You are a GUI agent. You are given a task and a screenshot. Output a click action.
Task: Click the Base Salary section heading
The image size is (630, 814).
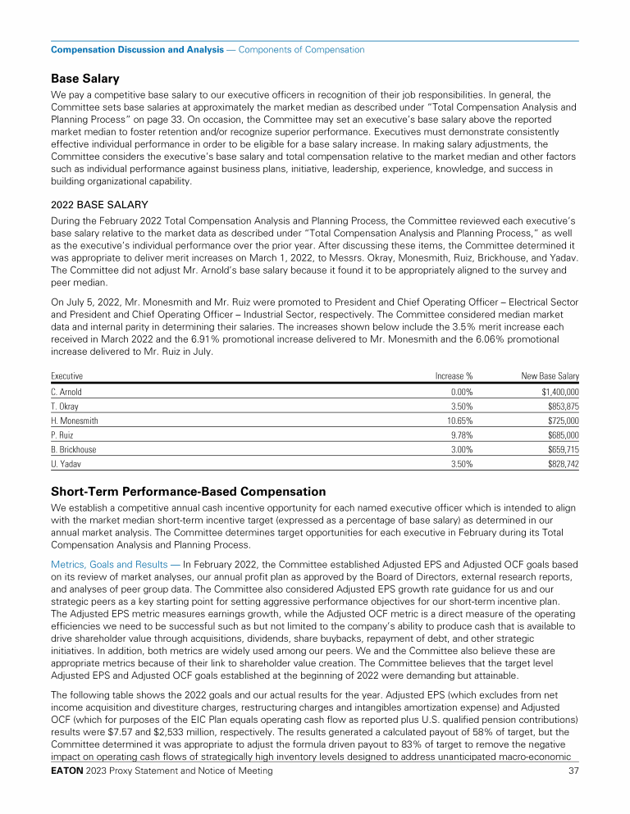pos(85,79)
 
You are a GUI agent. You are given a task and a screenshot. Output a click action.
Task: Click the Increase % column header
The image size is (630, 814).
pos(454,375)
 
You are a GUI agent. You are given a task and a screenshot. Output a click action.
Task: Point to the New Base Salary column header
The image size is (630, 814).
pos(550,375)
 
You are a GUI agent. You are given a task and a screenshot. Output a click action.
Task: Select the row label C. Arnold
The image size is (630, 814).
pos(66,392)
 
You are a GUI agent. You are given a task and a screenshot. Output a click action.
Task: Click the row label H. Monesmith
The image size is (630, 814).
pos(75,421)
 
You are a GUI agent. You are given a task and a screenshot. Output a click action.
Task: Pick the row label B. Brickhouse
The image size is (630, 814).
pos(73,448)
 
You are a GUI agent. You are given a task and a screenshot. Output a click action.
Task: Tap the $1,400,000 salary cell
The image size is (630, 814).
pos(558,392)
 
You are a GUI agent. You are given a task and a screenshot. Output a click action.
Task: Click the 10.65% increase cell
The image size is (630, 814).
pos(459,421)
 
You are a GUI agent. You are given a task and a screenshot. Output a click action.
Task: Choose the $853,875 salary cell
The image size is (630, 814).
pos(563,407)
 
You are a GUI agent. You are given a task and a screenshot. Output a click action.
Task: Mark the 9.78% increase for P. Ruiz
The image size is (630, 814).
pos(460,434)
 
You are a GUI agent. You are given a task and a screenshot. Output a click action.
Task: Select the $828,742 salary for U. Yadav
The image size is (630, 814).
pos(563,463)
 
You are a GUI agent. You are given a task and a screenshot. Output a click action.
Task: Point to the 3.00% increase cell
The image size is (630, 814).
pos(460,448)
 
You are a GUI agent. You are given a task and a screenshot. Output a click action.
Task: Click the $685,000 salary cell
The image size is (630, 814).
pos(563,434)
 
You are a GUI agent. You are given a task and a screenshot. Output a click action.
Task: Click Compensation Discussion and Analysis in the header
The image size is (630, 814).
pos(137,50)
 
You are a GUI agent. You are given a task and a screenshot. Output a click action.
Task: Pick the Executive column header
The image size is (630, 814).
pos(67,375)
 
